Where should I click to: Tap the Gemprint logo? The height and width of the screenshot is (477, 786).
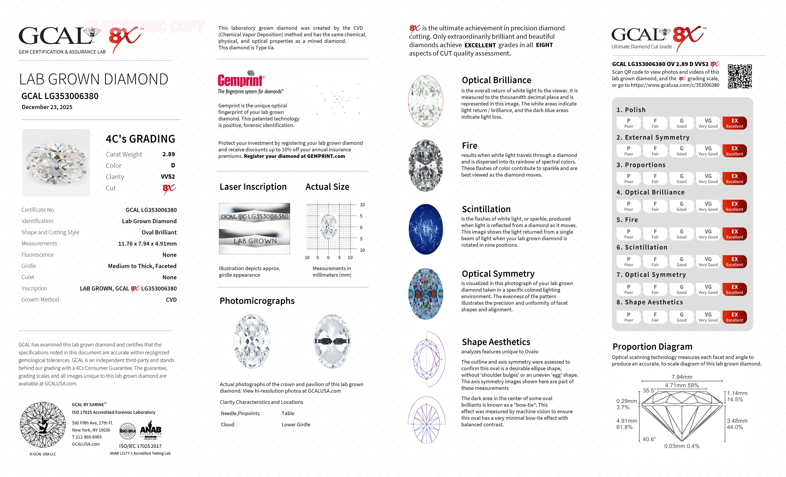(x=240, y=80)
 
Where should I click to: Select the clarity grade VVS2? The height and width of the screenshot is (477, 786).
(x=168, y=177)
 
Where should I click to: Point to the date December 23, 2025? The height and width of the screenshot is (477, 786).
(x=47, y=107)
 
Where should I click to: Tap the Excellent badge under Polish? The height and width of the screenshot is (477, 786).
(x=734, y=123)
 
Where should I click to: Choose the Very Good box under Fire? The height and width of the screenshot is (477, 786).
(x=708, y=234)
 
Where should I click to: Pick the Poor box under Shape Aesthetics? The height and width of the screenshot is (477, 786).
(x=628, y=317)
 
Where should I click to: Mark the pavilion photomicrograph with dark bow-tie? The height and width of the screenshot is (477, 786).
(x=332, y=341)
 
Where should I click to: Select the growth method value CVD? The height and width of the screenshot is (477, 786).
(x=171, y=300)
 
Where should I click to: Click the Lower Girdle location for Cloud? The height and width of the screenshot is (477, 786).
(x=296, y=425)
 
